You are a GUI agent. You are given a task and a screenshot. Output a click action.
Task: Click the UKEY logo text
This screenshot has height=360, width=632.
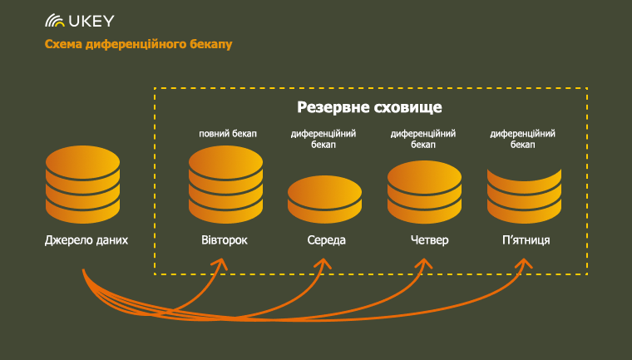tap(91, 21)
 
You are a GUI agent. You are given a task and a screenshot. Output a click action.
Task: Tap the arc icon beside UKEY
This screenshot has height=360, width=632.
tap(55, 21)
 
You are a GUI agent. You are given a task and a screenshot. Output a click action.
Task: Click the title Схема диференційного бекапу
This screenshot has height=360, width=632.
tap(138, 44)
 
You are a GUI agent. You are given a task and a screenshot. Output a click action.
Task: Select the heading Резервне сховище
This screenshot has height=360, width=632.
tap(369, 107)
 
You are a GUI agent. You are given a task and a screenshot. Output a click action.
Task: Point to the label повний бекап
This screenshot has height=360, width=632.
tap(228, 133)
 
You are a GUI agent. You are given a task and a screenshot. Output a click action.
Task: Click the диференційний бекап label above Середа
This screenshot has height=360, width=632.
tap(323, 139)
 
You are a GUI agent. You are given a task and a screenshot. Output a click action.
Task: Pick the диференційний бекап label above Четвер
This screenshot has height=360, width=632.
tap(423, 139)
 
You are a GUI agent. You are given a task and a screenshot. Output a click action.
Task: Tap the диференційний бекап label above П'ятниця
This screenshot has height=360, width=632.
tap(523, 139)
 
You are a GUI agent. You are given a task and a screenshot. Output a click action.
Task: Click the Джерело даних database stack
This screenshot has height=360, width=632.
tap(82, 185)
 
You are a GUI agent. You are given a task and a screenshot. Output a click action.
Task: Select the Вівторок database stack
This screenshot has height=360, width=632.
tap(225, 185)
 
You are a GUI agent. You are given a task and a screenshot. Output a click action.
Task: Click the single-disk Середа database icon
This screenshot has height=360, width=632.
tap(324, 200)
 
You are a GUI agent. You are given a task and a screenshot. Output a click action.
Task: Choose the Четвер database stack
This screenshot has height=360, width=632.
tap(424, 192)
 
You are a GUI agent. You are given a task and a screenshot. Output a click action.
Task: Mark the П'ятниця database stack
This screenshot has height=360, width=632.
tap(524, 196)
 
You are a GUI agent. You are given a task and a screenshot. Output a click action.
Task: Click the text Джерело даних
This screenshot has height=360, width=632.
tap(86, 240)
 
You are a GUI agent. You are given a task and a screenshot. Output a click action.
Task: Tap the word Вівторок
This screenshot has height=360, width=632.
tap(225, 240)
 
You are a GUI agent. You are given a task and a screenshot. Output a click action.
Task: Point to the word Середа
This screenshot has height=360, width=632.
tap(327, 240)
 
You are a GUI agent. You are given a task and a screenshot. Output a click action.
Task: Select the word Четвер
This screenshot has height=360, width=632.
tap(430, 240)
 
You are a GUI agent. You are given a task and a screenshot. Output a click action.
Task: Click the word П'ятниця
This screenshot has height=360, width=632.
tap(526, 240)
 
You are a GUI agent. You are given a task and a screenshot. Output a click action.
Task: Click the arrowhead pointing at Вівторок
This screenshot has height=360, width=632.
tap(221, 264)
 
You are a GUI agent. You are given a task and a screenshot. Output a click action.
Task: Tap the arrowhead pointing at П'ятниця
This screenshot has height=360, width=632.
tap(524, 264)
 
